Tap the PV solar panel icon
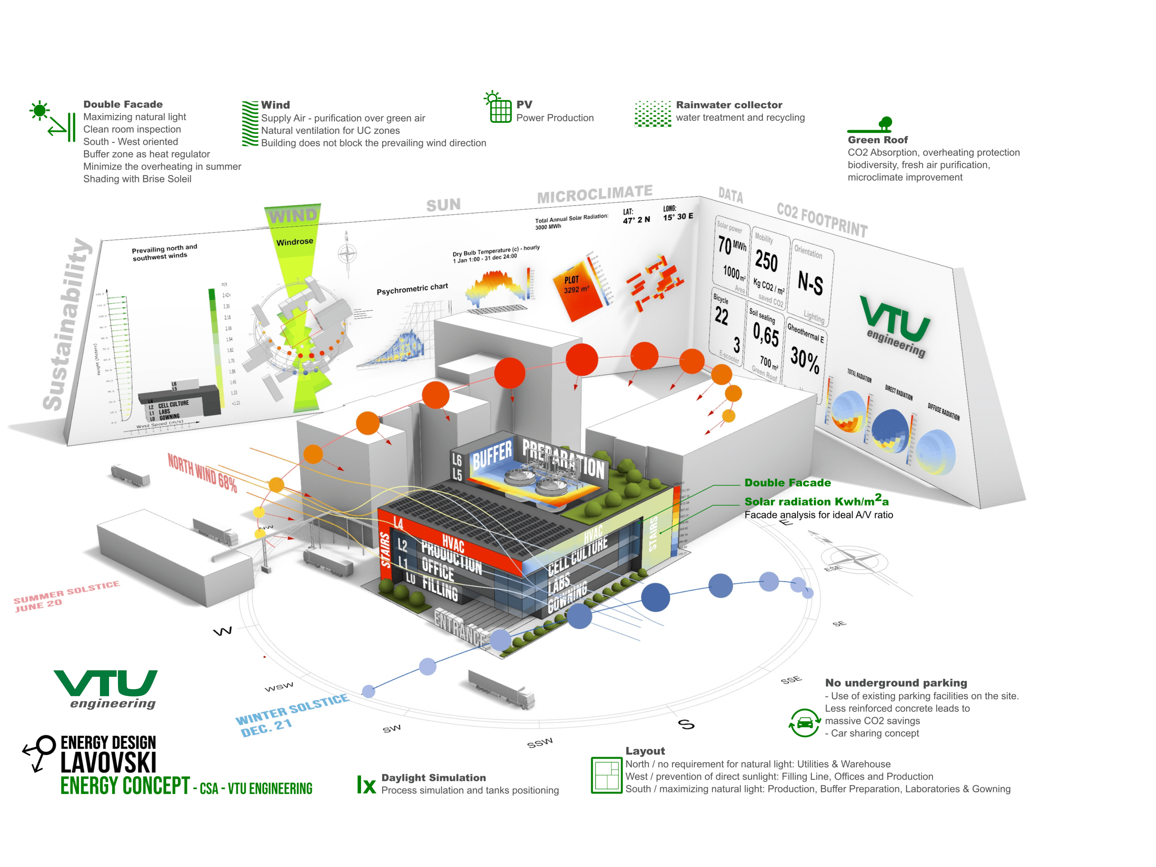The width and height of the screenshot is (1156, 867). coord(500,110)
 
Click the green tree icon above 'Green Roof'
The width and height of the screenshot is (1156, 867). coord(885,124)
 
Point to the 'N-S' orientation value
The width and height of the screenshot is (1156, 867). coord(810,283)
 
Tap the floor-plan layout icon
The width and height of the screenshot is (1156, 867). coord(606,775)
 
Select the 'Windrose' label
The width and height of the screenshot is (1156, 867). coord(295,242)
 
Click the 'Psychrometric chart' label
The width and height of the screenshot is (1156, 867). coord(412,289)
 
